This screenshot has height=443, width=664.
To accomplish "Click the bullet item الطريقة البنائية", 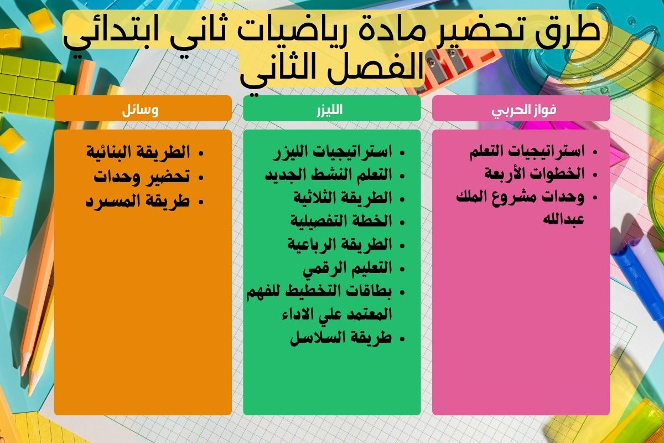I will (138, 152).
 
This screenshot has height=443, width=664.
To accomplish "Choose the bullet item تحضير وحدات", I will (142, 177).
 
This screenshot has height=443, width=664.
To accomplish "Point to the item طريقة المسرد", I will (138, 200).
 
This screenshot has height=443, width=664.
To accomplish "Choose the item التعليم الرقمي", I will (347, 268).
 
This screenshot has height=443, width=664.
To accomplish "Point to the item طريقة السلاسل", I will (341, 337).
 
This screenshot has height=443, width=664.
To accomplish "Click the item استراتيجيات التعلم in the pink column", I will (526, 152).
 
